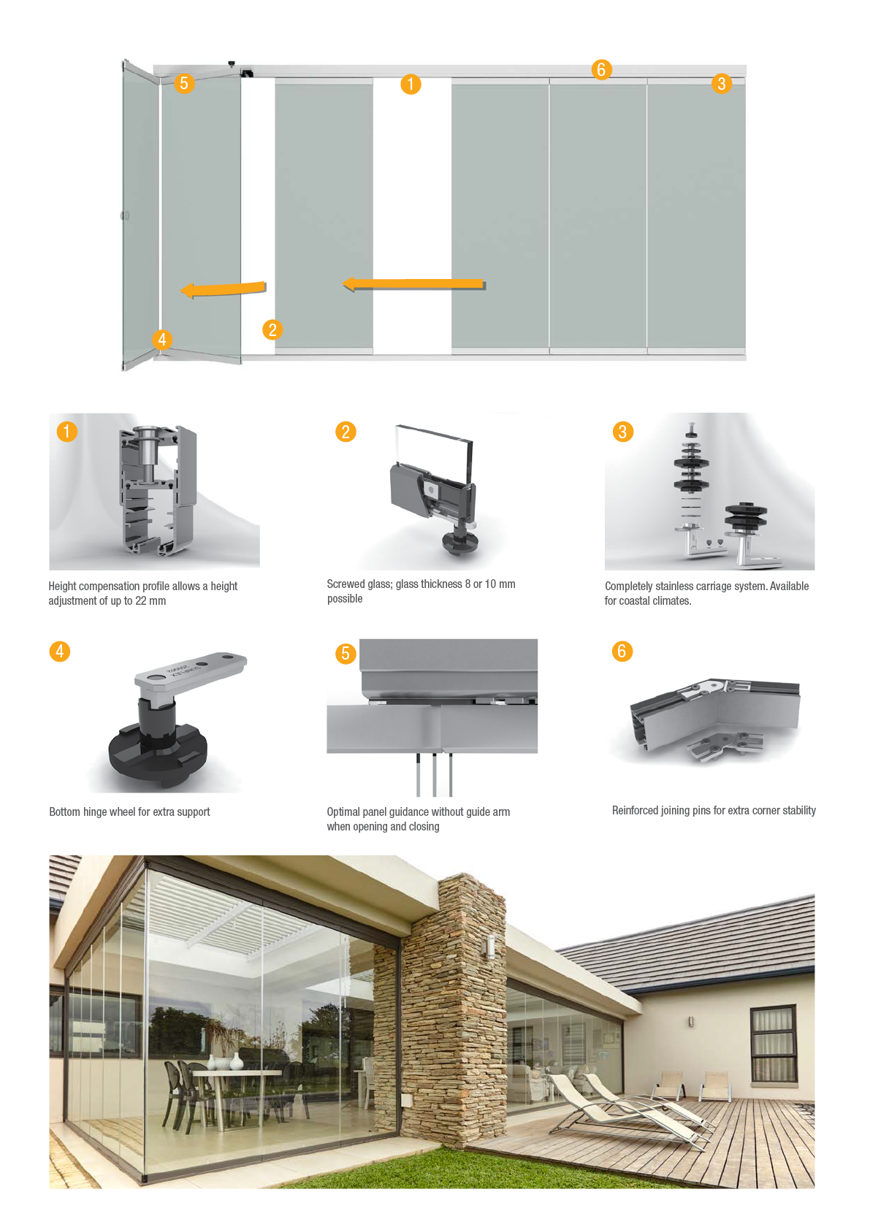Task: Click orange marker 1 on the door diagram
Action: (x=411, y=84)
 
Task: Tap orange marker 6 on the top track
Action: (x=601, y=69)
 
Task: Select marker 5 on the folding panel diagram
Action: (x=184, y=83)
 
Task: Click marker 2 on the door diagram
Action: (x=272, y=329)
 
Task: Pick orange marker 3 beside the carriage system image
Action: (x=623, y=432)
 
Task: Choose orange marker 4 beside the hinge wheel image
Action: (x=60, y=652)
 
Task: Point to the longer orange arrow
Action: (x=413, y=284)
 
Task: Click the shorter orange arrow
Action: (x=224, y=289)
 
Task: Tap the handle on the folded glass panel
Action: (x=125, y=215)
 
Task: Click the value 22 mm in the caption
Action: (x=150, y=600)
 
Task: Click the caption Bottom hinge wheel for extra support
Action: (x=129, y=811)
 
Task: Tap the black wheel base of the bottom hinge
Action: (x=158, y=755)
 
